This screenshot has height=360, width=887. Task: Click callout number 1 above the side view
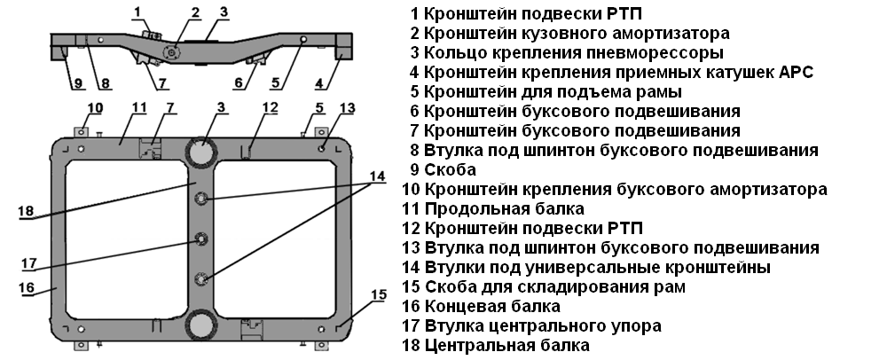137,11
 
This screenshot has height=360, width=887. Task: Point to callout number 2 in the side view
195,12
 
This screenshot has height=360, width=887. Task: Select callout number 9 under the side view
78,84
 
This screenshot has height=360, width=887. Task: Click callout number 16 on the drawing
27,287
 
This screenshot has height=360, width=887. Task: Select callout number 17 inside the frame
28,262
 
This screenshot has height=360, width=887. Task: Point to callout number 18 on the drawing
26,211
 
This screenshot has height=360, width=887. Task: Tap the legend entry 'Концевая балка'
491,307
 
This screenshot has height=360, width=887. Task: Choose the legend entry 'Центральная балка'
506,346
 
